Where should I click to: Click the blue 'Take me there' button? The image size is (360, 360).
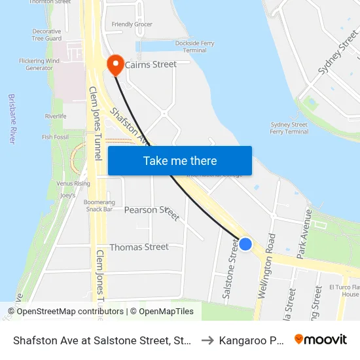coord(179,161)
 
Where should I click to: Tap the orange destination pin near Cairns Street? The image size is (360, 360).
coord(115,63)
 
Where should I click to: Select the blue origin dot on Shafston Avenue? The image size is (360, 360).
coord(245,244)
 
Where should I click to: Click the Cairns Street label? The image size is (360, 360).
coord(151,64)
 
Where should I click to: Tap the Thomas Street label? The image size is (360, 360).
coord(139,247)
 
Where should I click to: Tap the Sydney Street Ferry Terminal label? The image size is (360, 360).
coord(289,128)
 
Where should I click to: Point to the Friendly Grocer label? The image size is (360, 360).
coord(132,25)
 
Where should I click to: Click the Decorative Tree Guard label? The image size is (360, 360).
coord(46,35)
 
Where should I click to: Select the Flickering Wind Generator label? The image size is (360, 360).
coord(39,64)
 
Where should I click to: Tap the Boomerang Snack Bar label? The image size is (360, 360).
coord(99,206)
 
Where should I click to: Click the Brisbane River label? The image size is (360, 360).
coord(12,118)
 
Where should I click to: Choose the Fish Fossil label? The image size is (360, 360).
coord(55,137)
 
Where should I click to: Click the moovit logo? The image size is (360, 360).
coord(321,339)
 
